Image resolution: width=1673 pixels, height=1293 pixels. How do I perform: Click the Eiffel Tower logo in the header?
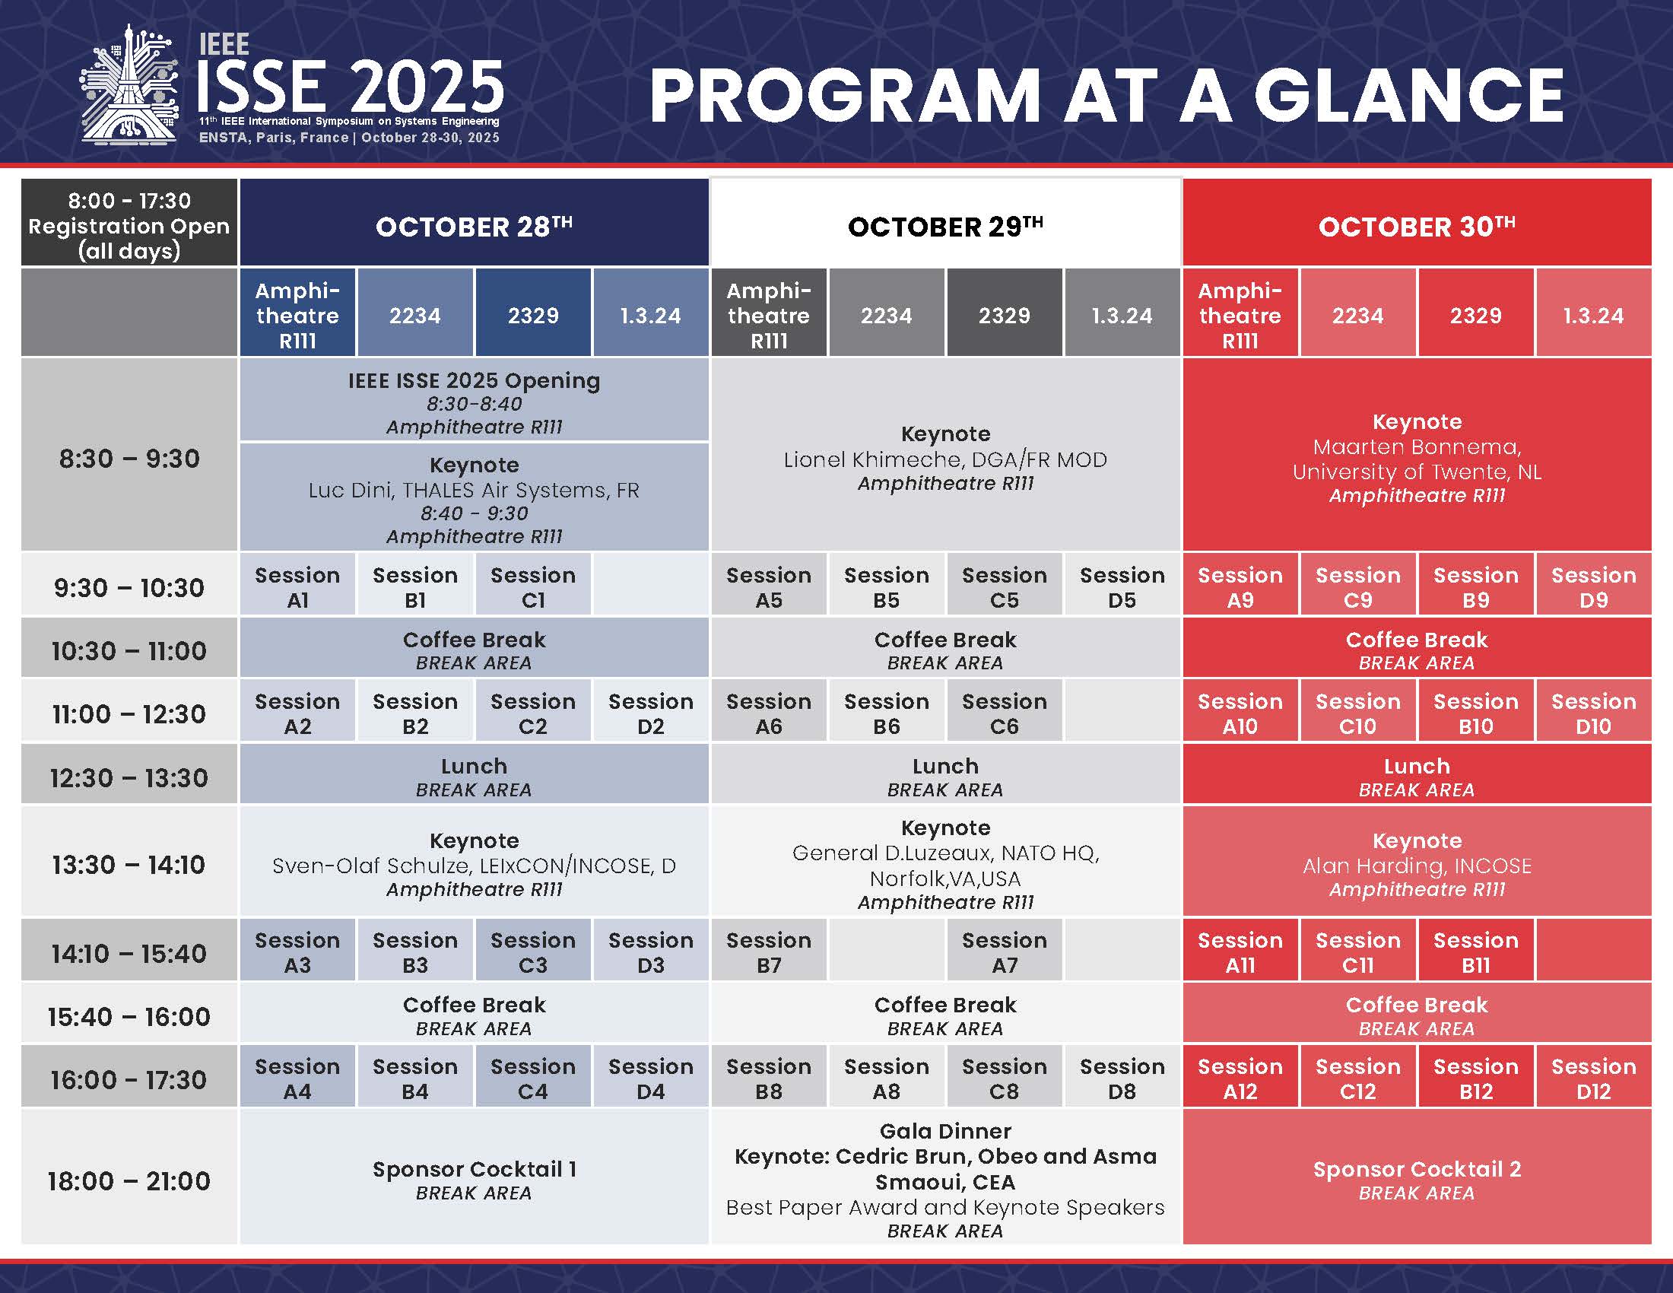click(x=129, y=84)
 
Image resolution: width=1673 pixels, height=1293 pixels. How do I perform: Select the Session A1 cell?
click(x=297, y=586)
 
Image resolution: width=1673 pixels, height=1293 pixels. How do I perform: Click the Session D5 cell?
click(x=1122, y=586)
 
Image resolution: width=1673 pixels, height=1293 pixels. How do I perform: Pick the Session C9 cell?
click(x=1357, y=586)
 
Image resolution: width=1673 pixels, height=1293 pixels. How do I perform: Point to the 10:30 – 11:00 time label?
click(x=129, y=651)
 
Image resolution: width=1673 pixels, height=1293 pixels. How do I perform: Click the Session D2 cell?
click(x=650, y=713)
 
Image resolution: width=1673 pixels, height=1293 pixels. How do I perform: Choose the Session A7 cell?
click(x=1005, y=952)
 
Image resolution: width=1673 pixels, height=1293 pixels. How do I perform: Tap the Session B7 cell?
click(x=768, y=952)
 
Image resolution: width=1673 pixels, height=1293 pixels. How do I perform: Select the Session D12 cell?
click(x=1593, y=1079)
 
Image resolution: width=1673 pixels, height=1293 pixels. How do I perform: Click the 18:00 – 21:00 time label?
click(x=129, y=1181)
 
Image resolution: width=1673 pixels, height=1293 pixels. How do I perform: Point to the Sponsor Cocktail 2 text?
click(x=1417, y=1169)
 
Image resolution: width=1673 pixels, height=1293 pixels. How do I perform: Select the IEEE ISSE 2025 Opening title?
click(x=475, y=381)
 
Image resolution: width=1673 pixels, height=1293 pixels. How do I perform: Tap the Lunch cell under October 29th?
click(x=945, y=777)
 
